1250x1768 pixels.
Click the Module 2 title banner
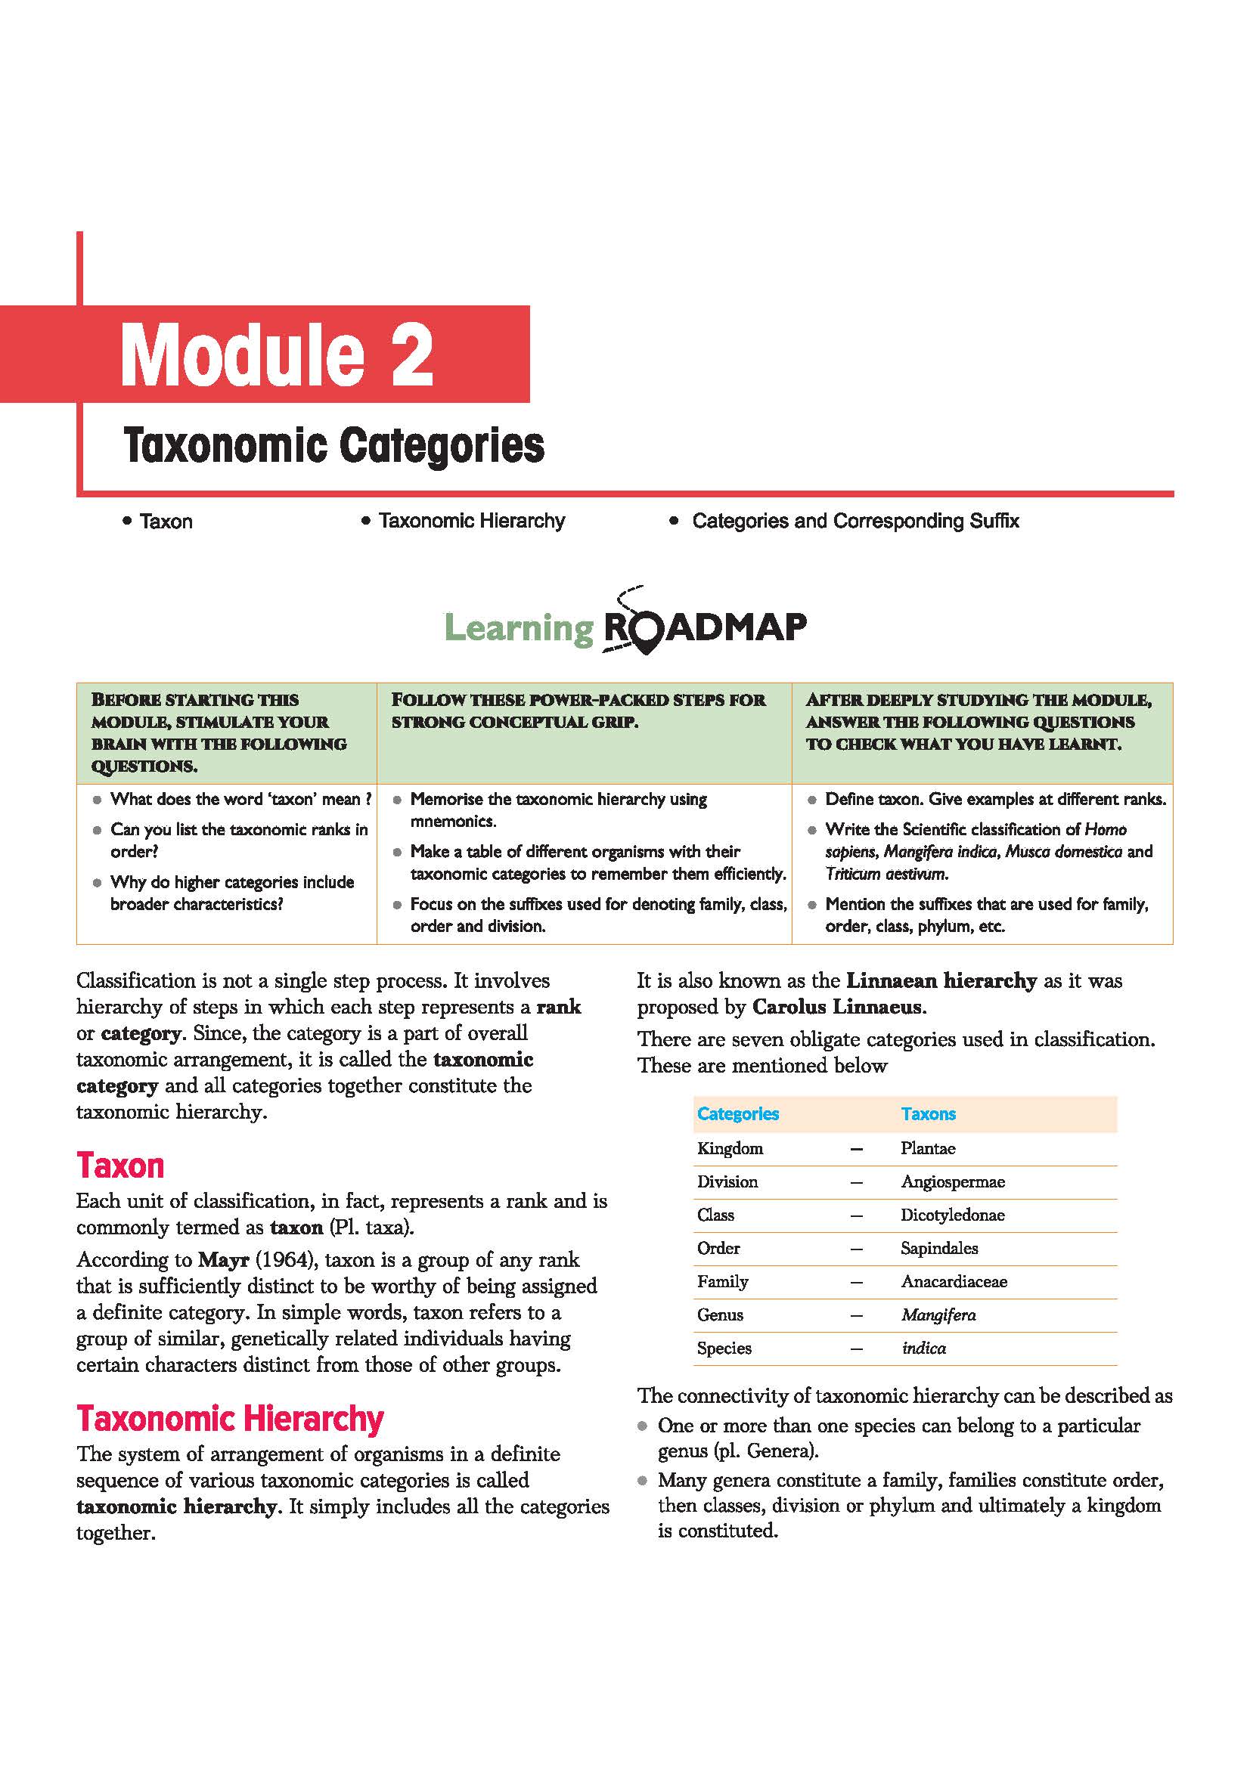pyautogui.click(x=278, y=355)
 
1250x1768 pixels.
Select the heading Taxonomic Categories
pyautogui.click(x=333, y=446)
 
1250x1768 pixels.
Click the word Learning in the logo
pyautogui.click(x=519, y=627)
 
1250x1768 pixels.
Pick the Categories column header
pyautogui.click(x=737, y=1113)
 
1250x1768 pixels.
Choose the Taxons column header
pyautogui.click(x=928, y=1113)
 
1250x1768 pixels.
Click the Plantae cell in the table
pyautogui.click(x=927, y=1148)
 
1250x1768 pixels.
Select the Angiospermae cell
pyautogui.click(x=953, y=1181)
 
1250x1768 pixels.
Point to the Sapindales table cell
pyautogui.click(x=939, y=1248)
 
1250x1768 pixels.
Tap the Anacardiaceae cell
pyautogui.click(x=954, y=1281)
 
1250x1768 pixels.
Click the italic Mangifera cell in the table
pyautogui.click(x=938, y=1314)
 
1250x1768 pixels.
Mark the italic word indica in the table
pyautogui.click(x=923, y=1348)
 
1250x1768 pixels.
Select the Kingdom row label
pyautogui.click(x=730, y=1148)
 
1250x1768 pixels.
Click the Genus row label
pyautogui.click(x=719, y=1314)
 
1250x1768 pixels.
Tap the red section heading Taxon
pyautogui.click(x=120, y=1165)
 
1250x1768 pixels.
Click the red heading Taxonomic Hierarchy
pyautogui.click(x=230, y=1417)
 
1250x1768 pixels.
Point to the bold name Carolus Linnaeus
pyautogui.click(x=836, y=1006)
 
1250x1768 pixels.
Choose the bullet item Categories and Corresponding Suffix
pyautogui.click(x=855, y=521)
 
